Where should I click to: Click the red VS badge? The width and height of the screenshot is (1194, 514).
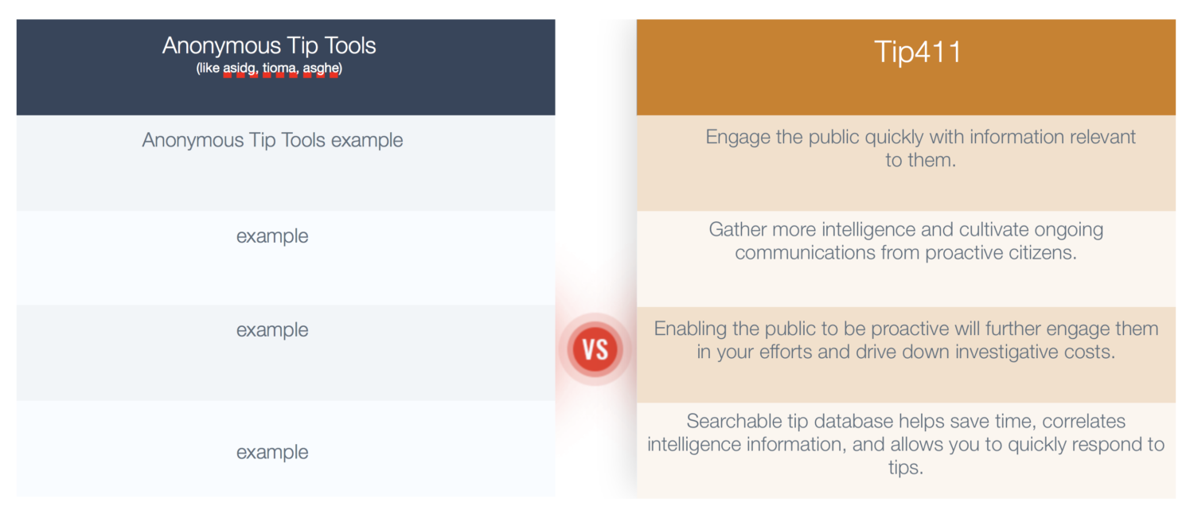595,349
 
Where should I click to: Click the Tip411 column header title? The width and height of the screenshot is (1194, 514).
917,53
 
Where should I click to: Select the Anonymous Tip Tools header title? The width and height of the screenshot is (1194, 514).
269,46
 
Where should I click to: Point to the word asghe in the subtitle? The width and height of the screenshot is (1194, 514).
320,68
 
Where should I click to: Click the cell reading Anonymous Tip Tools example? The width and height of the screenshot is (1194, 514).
272,140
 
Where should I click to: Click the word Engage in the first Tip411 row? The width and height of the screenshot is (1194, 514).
738,138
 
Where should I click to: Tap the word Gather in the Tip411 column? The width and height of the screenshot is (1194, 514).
739,230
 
